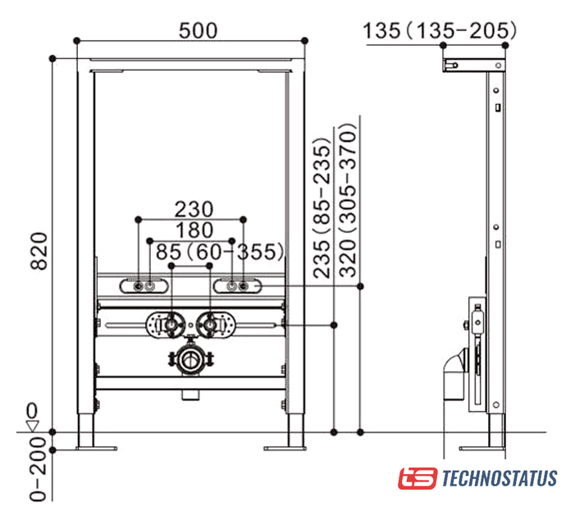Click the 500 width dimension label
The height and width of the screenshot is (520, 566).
(199, 30)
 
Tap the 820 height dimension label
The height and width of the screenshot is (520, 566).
(39, 251)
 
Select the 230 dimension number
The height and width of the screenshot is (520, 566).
(194, 209)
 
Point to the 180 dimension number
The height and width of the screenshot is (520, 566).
(194, 230)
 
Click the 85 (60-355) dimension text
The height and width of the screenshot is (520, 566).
(220, 252)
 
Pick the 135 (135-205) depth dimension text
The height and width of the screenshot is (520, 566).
(440, 30)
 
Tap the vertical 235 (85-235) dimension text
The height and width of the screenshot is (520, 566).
(322, 208)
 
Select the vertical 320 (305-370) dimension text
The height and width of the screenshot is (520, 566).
(348, 200)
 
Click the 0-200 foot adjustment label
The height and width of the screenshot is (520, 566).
(39, 469)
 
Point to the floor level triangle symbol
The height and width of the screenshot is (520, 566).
(33, 426)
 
